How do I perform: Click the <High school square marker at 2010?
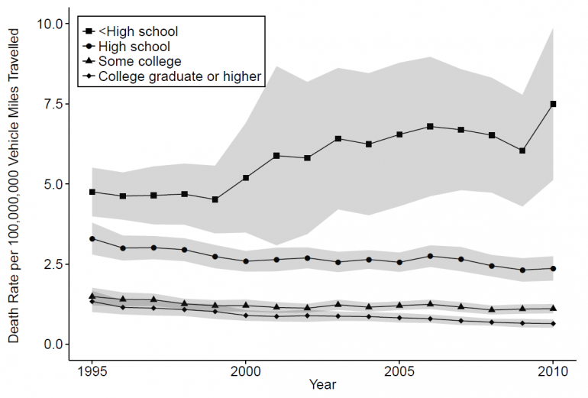pyautogui.click(x=553, y=104)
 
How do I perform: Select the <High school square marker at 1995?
pyautogui.click(x=92, y=192)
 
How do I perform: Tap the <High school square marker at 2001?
pyautogui.click(x=276, y=156)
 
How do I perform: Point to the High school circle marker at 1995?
pyautogui.click(x=92, y=239)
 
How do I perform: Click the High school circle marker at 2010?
pyautogui.click(x=553, y=268)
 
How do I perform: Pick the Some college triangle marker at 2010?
pyautogui.click(x=553, y=308)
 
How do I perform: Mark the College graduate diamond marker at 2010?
pyautogui.click(x=553, y=324)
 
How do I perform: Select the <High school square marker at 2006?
pyautogui.click(x=430, y=126)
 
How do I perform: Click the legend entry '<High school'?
pyautogui.click(x=138, y=31)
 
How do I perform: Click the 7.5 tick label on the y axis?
pyautogui.click(x=53, y=104)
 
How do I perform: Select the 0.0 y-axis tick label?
pyautogui.click(x=53, y=345)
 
